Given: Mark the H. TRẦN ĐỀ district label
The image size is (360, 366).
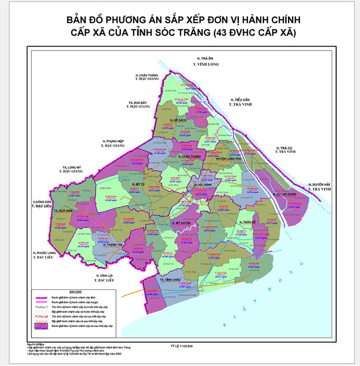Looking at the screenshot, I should [248, 222].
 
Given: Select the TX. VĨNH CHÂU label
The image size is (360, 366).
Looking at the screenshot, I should [169, 280].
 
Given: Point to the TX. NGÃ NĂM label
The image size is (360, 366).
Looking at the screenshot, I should [63, 211].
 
